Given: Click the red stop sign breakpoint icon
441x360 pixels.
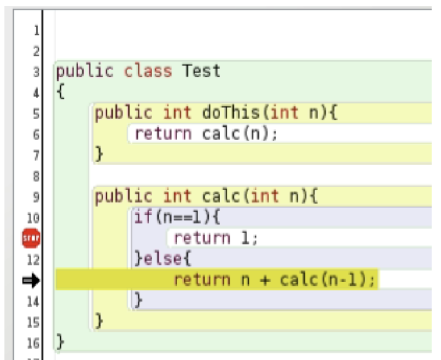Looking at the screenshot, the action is (31, 238).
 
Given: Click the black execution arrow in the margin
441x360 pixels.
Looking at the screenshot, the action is (31, 280).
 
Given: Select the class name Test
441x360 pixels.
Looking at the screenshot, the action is (201, 70).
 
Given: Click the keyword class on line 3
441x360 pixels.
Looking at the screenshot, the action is (148, 71).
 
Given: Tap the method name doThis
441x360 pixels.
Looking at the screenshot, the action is (231, 112).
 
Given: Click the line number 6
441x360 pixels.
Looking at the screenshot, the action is (36, 135).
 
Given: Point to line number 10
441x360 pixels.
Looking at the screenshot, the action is (33, 218).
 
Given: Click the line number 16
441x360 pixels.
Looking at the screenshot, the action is (33, 343).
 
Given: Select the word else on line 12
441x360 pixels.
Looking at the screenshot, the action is (163, 259).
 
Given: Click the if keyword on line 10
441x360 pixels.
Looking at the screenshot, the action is (143, 217).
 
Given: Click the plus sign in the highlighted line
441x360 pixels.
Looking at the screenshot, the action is (265, 281).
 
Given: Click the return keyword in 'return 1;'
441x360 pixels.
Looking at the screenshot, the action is (202, 238).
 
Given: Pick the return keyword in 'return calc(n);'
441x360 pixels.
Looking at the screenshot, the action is (163, 134).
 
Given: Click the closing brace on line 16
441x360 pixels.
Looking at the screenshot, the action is (60, 342).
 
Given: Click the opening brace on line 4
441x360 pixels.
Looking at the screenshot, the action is (61, 91).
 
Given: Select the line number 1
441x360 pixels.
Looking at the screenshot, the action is (36, 30).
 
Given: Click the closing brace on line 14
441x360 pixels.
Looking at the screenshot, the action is (139, 300).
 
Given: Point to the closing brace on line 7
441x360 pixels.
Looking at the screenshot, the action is (99, 154).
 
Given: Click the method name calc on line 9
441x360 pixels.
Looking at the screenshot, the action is (221, 196).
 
